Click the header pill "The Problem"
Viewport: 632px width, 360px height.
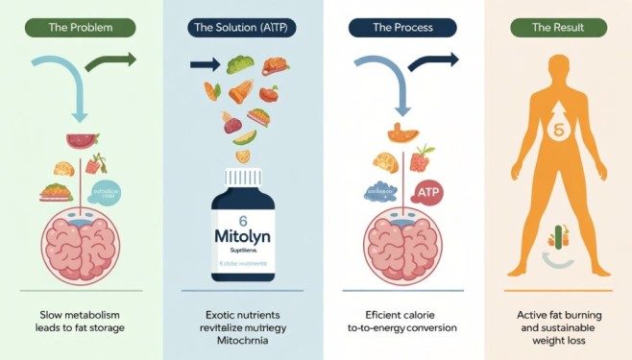click(x=81, y=28)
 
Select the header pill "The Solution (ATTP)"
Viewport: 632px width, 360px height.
click(x=238, y=28)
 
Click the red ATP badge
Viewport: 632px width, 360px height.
click(x=427, y=193)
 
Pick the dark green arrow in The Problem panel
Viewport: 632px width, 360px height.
click(x=110, y=63)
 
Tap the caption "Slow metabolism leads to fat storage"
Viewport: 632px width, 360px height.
click(x=81, y=320)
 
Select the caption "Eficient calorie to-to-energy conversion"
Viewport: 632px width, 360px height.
click(x=396, y=320)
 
